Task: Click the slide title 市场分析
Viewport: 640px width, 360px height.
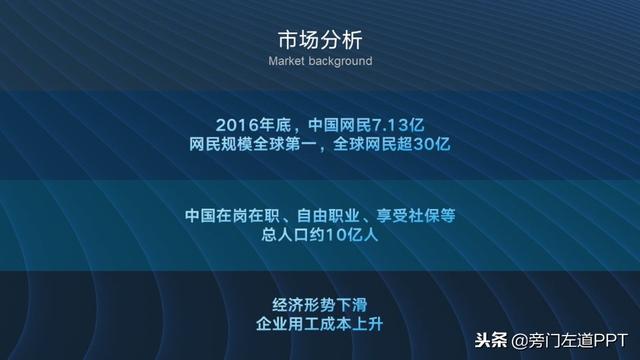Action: tap(320, 40)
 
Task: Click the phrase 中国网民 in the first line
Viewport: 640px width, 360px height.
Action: tap(323, 125)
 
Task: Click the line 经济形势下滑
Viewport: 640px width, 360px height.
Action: tap(320, 306)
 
